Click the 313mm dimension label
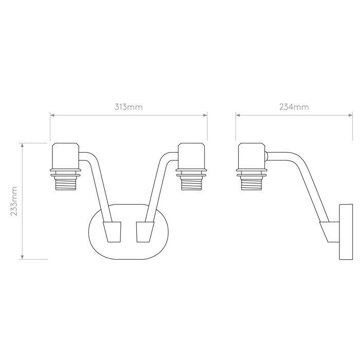tap(129, 107)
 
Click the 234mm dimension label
tap(294, 107)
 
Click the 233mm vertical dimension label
tap(14, 201)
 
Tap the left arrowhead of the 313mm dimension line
tap(52, 115)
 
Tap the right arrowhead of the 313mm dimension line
tap(205, 115)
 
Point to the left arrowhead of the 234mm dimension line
tap(238, 115)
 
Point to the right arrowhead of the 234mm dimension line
tap(350, 115)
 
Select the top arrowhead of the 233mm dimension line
tap(22, 145)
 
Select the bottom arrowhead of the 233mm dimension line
tap(22, 257)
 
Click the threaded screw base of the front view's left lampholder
tap(66, 183)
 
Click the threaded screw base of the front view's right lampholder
tap(191, 183)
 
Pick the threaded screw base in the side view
tap(251, 183)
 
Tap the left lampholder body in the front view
tap(66, 156)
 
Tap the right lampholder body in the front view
tap(191, 156)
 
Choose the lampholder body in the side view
tap(251, 156)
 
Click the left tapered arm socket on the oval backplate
tap(112, 232)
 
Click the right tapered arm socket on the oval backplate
tap(145, 232)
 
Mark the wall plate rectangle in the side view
tap(346, 232)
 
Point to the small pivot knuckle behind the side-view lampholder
tap(266, 156)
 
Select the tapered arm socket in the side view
tap(330, 232)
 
